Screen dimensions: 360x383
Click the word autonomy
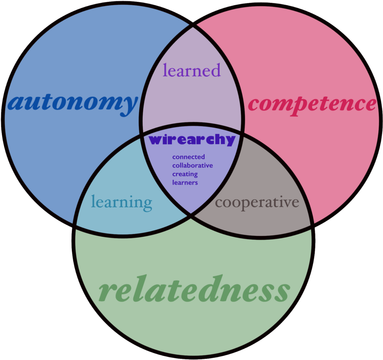pos(73,103)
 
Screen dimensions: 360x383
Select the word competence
pos(312,104)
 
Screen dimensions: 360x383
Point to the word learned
pos(191,70)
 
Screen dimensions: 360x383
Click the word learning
pos(122,202)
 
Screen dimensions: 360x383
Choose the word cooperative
pos(257,202)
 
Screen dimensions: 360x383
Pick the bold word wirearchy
pos(192,140)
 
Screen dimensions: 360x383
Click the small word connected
pos(188,157)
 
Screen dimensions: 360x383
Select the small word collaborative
pos(192,165)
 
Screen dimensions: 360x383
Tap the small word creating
pos(185,174)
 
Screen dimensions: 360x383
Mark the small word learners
pos(185,183)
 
